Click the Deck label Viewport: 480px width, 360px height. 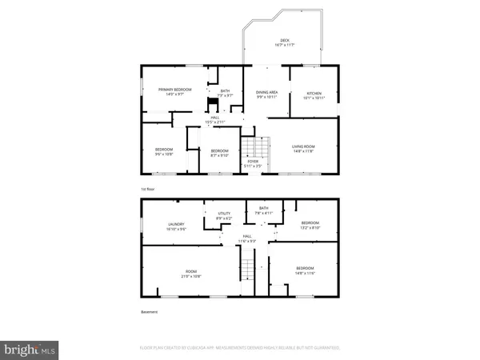click(284, 41)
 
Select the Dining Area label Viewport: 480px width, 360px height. click(266, 94)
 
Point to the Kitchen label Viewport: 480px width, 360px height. click(314, 94)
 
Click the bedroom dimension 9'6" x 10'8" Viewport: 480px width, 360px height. click(165, 154)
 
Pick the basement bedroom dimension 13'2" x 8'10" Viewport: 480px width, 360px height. click(310, 227)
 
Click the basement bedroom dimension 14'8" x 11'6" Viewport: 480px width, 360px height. click(305, 273)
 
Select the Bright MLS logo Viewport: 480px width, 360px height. click(31, 349)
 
